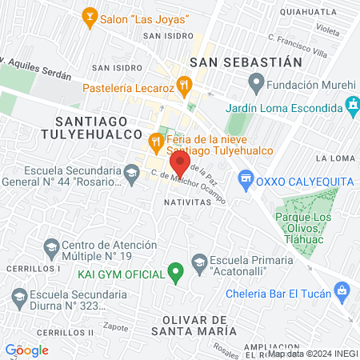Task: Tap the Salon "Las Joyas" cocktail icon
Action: point(90,15)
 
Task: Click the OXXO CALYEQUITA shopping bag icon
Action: point(246,181)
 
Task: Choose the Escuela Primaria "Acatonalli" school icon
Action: point(199,260)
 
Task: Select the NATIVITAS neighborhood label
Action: point(186,202)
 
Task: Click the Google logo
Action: point(26,350)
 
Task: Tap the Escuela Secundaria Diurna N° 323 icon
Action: point(20,299)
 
